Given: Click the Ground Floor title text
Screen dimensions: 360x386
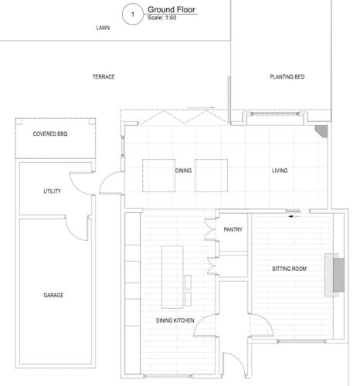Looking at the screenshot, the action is coord(172,9).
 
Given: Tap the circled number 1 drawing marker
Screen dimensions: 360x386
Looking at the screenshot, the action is coord(133,15).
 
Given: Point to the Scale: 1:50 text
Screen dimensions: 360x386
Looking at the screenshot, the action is coord(161,18).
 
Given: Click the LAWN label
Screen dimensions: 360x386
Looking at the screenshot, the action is coord(103,28).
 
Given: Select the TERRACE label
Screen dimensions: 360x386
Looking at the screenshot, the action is coord(104,76).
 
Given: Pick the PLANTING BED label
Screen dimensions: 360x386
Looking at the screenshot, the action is coord(287,76).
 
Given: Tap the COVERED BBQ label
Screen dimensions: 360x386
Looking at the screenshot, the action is coord(50,134).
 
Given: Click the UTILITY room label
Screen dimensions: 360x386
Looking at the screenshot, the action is coord(53,191).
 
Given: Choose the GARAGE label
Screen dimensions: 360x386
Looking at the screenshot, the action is coord(53,295).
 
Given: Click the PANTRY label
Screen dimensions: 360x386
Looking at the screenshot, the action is coord(233,229).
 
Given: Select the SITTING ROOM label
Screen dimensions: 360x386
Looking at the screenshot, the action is coord(290,269).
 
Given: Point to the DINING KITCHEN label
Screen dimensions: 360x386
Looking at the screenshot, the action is coord(175,320).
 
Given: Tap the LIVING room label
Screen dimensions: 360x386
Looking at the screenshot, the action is coord(280,171).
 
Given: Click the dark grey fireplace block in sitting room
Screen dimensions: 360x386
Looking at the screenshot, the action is coord(338,275).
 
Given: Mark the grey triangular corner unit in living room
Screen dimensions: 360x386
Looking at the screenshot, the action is coord(323,130).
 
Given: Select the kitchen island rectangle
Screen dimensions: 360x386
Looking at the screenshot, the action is coord(172,277).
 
